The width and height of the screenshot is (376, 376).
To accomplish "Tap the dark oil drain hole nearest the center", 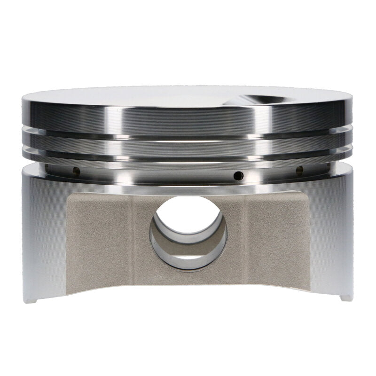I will click(x=239, y=176).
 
